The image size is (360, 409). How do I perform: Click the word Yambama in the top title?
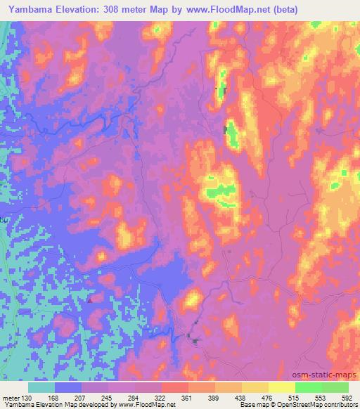point(29,10)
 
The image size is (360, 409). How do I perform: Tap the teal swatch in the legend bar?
point(41,387)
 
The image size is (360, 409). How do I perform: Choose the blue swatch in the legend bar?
point(68,387)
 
